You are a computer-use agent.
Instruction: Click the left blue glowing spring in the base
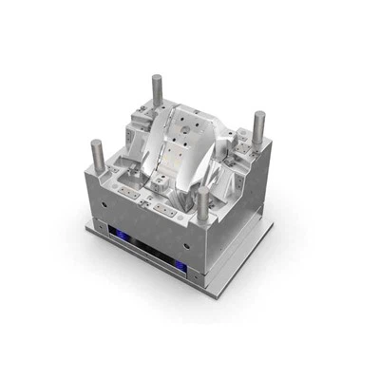pos(122,236)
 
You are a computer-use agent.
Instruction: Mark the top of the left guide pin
pos(97,143)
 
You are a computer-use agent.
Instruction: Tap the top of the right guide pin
pos(258,115)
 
